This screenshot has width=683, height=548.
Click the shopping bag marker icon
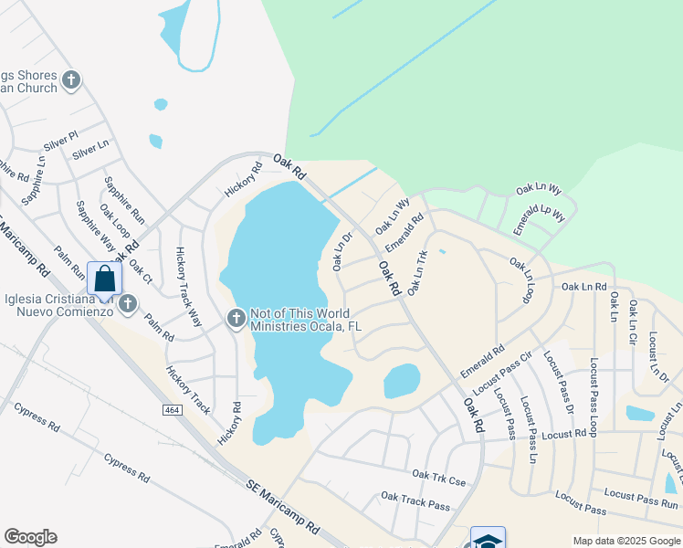tap(104, 278)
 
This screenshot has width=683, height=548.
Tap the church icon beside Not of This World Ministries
tap(235, 319)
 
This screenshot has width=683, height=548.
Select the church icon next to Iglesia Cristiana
tap(126, 303)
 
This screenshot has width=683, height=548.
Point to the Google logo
tap(30, 537)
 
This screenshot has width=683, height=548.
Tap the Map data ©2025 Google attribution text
tap(625, 541)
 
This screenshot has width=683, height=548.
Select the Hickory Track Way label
tap(189, 287)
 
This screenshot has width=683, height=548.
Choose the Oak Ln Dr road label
tap(342, 252)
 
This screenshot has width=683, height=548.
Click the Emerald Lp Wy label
tap(539, 221)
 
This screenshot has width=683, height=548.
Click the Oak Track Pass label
tap(415, 500)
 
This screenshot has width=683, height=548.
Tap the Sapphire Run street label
tap(124, 200)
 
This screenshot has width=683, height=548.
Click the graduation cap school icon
tap(488, 540)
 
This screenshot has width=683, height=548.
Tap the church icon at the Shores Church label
tap(70, 81)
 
